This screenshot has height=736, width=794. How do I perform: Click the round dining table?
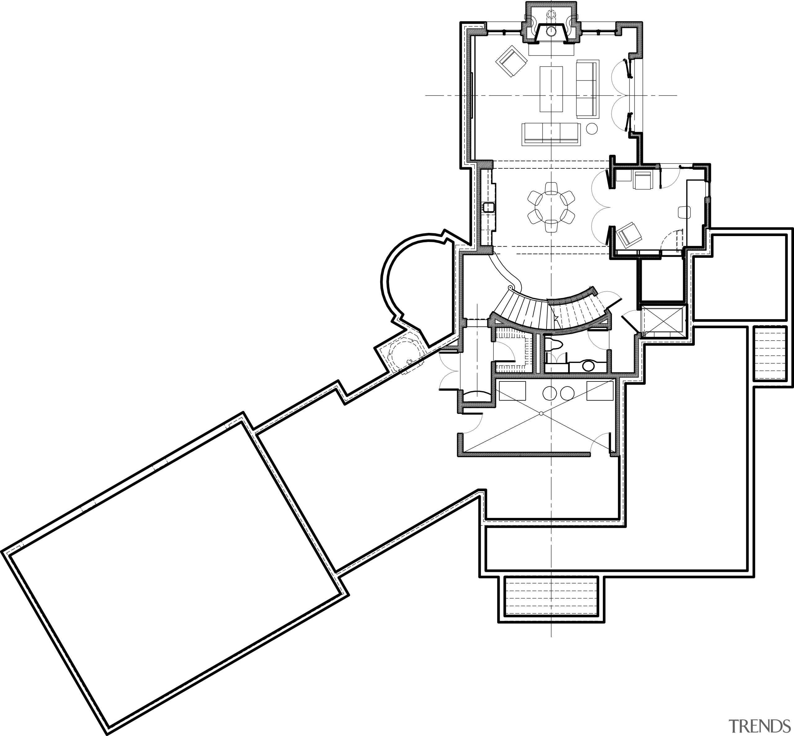click(x=551, y=207)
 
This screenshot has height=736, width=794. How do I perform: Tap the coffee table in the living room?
click(x=551, y=89)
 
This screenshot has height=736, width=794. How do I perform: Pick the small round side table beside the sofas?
click(x=592, y=128)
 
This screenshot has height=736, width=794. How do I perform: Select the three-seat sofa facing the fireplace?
click(x=551, y=133)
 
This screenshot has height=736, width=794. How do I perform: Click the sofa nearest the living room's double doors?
click(x=587, y=88)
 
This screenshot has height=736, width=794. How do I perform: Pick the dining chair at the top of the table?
click(x=551, y=188)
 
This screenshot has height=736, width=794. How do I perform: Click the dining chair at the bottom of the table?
click(x=551, y=226)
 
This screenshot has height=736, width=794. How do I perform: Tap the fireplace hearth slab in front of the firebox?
click(x=551, y=49)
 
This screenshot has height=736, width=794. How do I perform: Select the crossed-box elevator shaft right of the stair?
click(x=662, y=320)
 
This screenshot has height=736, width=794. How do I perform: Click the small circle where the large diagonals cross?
click(x=541, y=414)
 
